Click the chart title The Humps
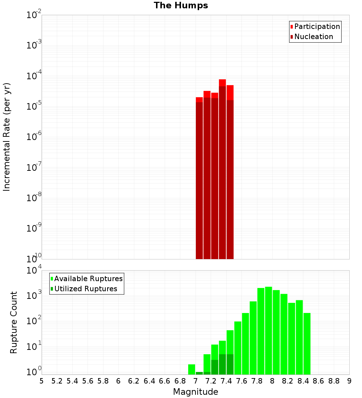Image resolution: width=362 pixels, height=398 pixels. (x=181, y=5)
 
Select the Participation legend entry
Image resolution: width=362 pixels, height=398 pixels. (x=317, y=26)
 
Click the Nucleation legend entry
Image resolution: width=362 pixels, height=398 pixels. (x=313, y=37)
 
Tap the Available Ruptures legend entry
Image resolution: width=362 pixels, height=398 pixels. (x=88, y=279)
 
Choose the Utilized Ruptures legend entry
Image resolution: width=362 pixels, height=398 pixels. (x=85, y=289)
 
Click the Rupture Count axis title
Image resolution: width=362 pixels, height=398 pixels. (x=14, y=322)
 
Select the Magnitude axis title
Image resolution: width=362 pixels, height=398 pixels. (x=195, y=392)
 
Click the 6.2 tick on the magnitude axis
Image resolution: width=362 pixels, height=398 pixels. (x=134, y=381)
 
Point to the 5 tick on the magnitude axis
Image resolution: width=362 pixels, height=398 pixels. (x=42, y=381)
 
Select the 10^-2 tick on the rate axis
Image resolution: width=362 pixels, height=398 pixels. (x=34, y=15)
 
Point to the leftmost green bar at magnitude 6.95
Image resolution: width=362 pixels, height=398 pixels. (x=191, y=369)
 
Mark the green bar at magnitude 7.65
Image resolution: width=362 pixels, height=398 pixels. (x=238, y=348)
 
